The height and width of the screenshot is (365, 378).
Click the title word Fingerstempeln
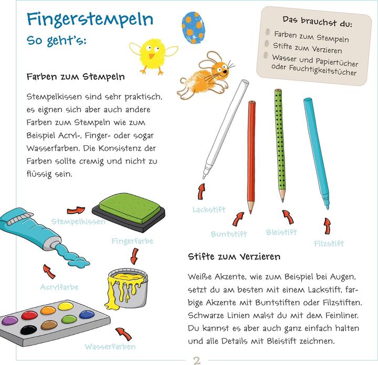[x=90, y=19]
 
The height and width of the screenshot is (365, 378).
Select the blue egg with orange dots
[x=193, y=27]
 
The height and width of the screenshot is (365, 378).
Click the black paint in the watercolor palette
[x=28, y=329]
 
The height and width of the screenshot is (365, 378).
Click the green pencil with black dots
[x=280, y=144]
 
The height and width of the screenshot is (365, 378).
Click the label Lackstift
[x=208, y=210]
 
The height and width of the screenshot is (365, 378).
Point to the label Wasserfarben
[x=110, y=347]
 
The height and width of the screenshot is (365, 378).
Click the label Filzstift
[x=329, y=243]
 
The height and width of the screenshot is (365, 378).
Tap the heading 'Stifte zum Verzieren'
[x=234, y=256]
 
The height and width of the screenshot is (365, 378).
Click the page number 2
[x=197, y=360]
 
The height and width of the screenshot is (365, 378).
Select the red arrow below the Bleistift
[x=287, y=217]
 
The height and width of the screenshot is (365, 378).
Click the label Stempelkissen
[x=78, y=222]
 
